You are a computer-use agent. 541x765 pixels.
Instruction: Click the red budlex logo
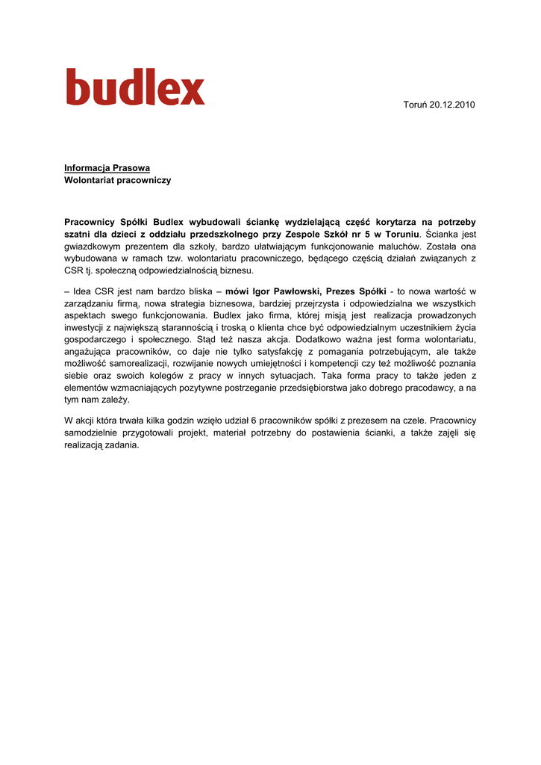pyautogui.click(x=135, y=87)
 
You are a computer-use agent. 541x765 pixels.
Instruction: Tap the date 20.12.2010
pyautogui.click(x=452, y=105)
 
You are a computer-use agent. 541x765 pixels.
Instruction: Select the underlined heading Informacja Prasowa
pyautogui.click(x=107, y=168)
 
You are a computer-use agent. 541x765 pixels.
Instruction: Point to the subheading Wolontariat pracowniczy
pyautogui.click(x=117, y=180)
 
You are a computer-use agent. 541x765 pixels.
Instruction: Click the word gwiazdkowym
pyautogui.click(x=94, y=246)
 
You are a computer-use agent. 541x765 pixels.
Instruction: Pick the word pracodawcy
pyautogui.click(x=431, y=388)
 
